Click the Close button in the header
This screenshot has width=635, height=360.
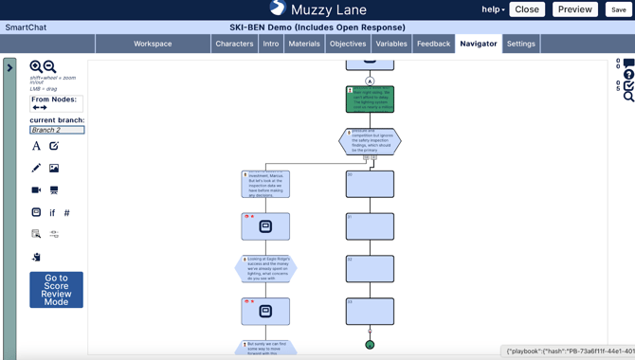click(x=527, y=9)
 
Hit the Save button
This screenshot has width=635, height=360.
click(x=618, y=9)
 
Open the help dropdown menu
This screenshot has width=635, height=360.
click(x=493, y=9)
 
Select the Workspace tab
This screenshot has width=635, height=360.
click(x=153, y=44)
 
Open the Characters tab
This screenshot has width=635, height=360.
click(x=234, y=44)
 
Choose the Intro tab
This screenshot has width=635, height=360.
click(x=271, y=44)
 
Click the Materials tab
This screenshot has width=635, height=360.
click(x=304, y=44)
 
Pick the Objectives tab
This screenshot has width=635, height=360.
click(x=348, y=44)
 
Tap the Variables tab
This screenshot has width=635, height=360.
click(x=391, y=44)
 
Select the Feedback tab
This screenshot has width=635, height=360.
click(x=433, y=44)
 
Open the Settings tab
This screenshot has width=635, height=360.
click(x=520, y=44)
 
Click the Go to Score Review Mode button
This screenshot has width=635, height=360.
click(x=56, y=290)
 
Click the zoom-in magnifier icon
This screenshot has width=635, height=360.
click(x=36, y=67)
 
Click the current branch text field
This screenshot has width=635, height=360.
click(x=57, y=130)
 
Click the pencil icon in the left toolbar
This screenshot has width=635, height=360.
click(x=36, y=168)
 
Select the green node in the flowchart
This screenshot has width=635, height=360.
click(x=370, y=99)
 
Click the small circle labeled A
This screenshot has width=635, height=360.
click(x=370, y=81)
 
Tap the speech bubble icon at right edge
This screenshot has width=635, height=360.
click(x=628, y=63)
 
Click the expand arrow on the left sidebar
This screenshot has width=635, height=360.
click(x=9, y=68)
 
